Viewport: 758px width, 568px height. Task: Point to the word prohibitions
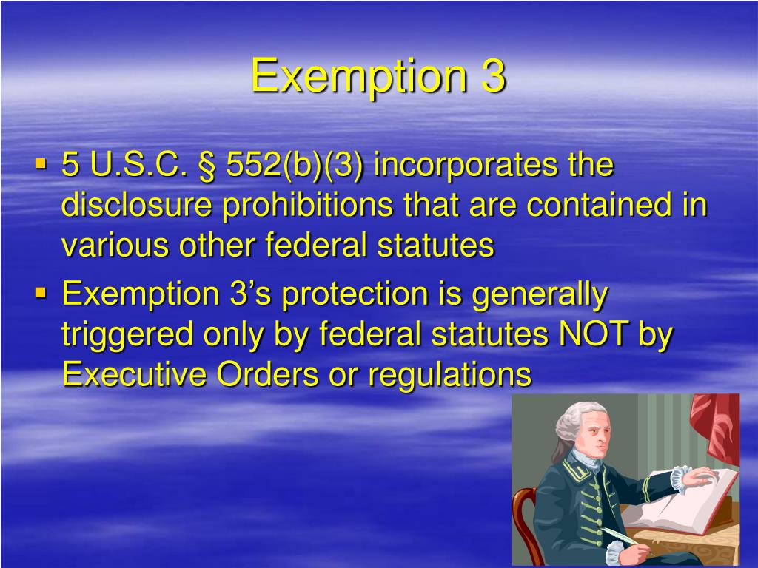tap(308, 206)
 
